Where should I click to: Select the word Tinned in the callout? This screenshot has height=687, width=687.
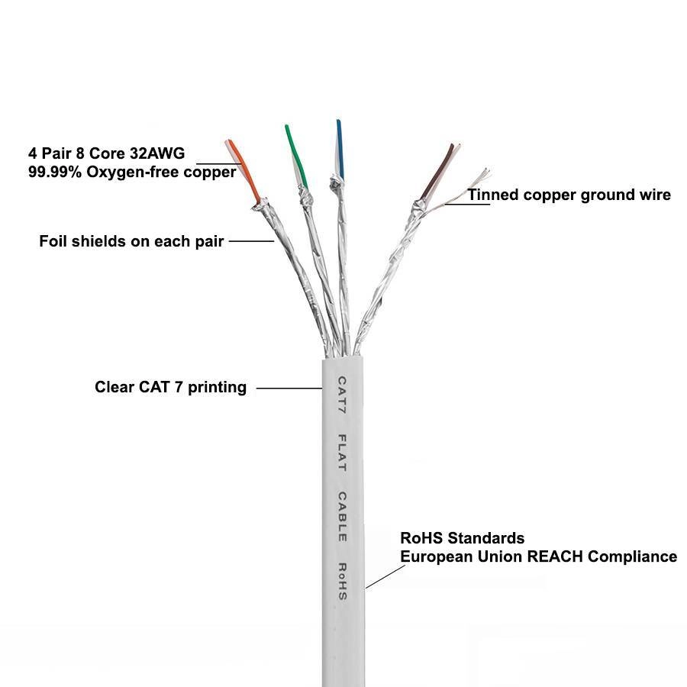point(493,195)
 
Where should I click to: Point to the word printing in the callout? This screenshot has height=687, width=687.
point(216,387)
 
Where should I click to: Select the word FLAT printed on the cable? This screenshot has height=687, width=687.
point(343,452)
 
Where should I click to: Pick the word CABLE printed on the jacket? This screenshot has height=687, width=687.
point(343,517)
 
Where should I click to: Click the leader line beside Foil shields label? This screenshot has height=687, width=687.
point(251,241)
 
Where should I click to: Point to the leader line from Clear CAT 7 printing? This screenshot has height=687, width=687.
point(288,388)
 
